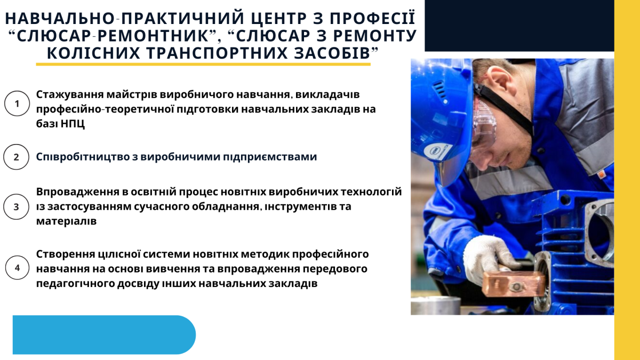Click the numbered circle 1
17,103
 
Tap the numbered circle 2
16,157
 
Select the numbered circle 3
16,206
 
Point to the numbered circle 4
17,268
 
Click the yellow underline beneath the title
203,64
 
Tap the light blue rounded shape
104,334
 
